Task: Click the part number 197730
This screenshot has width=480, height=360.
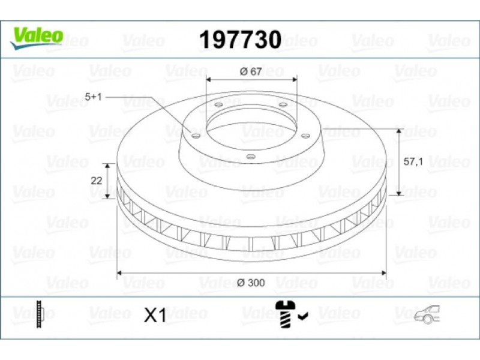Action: tap(241, 40)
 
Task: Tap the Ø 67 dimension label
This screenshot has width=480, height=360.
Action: tap(251, 71)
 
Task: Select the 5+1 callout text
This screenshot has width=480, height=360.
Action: tap(93, 97)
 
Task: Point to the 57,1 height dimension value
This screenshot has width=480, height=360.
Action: tap(413, 161)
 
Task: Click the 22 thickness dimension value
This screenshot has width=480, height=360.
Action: tap(97, 181)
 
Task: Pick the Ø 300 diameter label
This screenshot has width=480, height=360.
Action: tap(251, 283)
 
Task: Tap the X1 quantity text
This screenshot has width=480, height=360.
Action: tap(155, 315)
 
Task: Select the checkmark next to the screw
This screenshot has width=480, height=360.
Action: tap(304, 316)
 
